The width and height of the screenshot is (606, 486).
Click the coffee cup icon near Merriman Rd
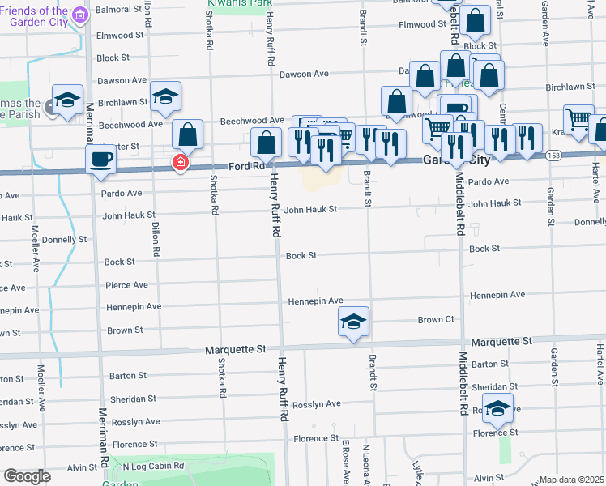[x=101, y=158]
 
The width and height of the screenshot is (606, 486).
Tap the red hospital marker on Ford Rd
[x=180, y=164]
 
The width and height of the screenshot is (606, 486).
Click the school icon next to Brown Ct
[x=353, y=322]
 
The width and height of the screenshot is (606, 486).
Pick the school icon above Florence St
[x=497, y=407]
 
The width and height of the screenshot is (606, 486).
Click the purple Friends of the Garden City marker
[x=79, y=15]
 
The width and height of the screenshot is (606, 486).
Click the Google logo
[x=27, y=476]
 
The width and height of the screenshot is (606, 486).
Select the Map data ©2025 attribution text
[x=572, y=480]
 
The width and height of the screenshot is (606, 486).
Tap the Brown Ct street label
[x=436, y=320]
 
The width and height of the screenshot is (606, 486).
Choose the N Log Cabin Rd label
[x=153, y=467]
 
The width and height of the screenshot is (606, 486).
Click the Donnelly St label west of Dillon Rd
[x=64, y=240]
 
